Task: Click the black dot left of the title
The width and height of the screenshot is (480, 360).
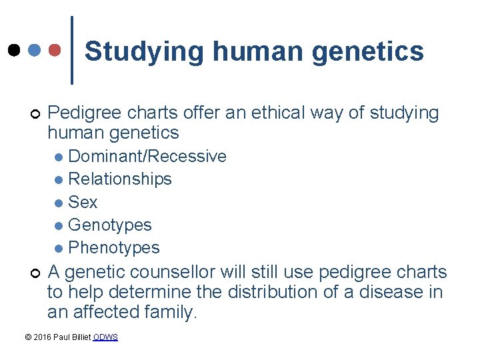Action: click(x=14, y=50)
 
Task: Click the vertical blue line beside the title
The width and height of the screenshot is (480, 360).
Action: click(x=72, y=50)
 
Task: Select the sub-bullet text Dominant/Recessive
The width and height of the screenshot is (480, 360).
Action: click(x=147, y=157)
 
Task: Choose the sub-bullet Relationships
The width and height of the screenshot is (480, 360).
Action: click(x=120, y=179)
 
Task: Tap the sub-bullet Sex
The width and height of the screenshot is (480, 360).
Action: click(x=83, y=202)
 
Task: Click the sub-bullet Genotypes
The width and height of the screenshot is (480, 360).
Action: click(x=110, y=225)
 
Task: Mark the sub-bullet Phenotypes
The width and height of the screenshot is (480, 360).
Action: click(x=114, y=248)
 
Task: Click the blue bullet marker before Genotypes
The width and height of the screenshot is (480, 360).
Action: click(x=60, y=226)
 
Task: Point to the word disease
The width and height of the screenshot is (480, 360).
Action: click(x=383, y=292)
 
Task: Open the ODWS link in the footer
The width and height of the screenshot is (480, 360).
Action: click(x=105, y=337)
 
